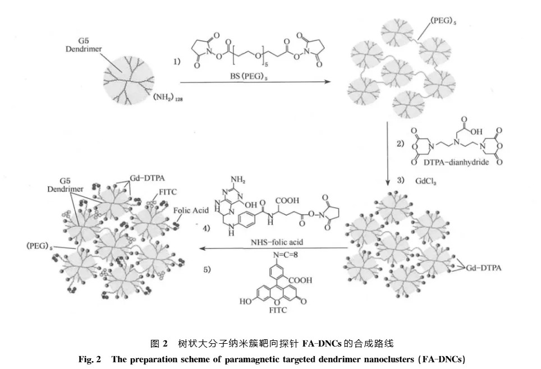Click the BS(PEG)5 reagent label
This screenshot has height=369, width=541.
249,76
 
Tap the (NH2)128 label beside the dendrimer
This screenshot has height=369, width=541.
168,97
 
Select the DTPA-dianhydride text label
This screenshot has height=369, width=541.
456,162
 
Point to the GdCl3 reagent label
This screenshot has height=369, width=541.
426,181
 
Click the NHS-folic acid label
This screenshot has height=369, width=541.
277,242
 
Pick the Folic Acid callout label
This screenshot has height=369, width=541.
191,210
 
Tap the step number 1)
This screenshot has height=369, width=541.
177,61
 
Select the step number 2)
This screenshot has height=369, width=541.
400,143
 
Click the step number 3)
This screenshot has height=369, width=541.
400,180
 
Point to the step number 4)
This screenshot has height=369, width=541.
207,228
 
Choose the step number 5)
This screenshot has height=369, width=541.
207,269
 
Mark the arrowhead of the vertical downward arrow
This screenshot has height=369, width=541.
387,182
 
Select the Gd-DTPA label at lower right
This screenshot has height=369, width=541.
483,268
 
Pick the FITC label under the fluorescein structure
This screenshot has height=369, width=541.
278,310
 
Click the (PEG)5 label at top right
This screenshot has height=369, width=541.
443,21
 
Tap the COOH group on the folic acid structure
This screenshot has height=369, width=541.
287,201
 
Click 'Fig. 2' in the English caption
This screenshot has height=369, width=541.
90,359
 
